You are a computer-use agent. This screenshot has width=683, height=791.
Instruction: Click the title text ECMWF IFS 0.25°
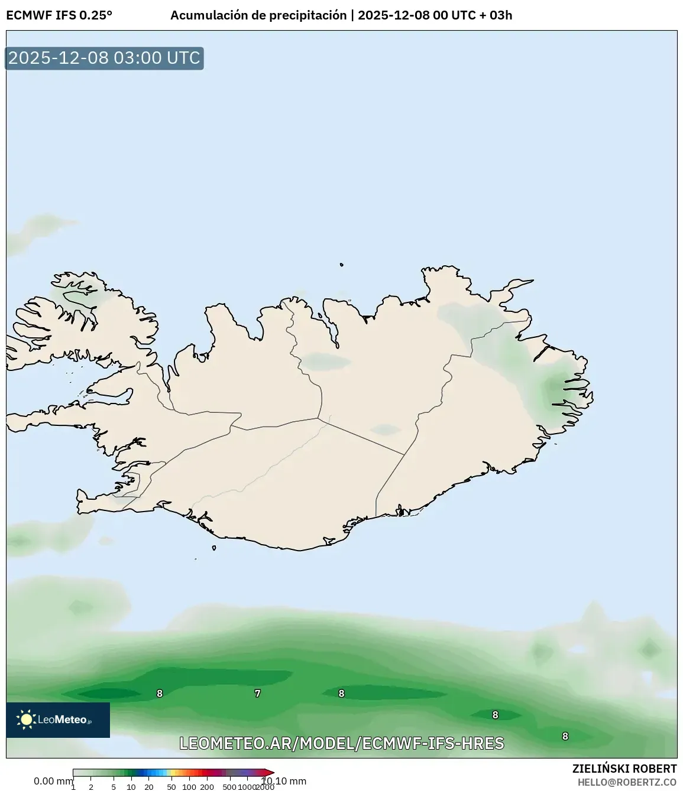(59, 15)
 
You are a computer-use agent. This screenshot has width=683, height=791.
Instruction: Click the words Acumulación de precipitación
(258, 15)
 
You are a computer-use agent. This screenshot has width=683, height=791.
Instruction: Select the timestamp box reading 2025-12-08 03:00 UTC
(104, 58)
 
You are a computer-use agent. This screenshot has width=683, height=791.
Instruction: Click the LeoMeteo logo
(58, 720)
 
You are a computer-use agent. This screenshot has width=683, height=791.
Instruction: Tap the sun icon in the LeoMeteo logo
(26, 719)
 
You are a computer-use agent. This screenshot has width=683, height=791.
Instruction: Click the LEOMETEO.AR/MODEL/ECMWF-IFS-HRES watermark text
(342, 743)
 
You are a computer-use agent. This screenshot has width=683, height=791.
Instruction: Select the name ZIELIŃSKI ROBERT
(624, 769)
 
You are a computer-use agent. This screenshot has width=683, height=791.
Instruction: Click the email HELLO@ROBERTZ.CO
(627, 782)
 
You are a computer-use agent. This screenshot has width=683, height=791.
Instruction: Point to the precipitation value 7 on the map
(257, 694)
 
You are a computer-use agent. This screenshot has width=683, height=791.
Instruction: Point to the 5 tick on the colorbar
(114, 787)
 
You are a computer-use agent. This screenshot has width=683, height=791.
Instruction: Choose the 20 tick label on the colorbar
(149, 787)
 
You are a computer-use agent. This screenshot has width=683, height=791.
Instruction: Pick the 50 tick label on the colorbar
(171, 787)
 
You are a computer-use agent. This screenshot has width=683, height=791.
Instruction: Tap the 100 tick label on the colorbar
(189, 787)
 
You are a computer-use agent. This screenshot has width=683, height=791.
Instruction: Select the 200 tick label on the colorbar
(207, 787)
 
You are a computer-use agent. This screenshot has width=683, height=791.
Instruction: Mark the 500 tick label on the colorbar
(229, 787)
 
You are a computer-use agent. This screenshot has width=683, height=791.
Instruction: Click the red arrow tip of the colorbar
(270, 772)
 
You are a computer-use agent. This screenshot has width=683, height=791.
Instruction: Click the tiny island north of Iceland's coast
(342, 265)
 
